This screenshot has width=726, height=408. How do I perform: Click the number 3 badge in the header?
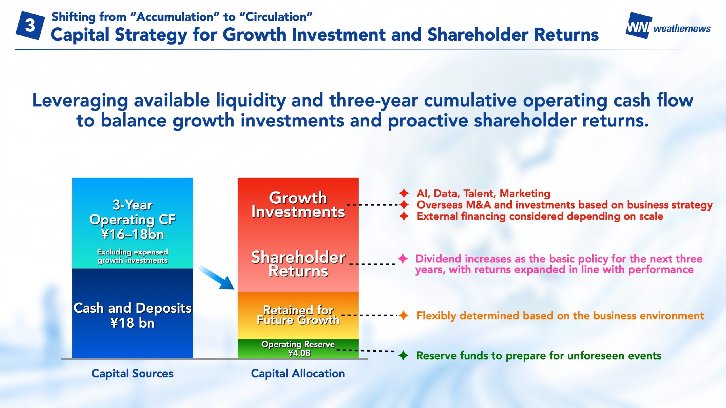(30, 25)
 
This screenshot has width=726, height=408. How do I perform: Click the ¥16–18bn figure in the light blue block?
(133, 234)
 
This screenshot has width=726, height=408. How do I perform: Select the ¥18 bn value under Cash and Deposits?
(133, 323)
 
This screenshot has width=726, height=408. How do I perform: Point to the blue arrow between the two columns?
(216, 277)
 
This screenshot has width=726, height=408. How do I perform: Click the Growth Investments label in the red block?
(298, 205)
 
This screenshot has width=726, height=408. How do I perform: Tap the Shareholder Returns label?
(298, 264)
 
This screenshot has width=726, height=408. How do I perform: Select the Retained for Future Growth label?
(298, 315)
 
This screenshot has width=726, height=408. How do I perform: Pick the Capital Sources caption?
(132, 373)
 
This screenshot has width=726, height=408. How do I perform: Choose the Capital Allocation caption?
(298, 373)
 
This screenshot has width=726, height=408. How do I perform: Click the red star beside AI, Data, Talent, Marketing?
(404, 193)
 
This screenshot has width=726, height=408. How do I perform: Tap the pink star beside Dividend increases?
(403, 258)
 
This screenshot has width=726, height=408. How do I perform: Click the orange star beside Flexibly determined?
(404, 315)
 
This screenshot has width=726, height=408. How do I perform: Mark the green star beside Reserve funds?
(403, 355)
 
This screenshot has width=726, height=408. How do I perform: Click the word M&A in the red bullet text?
(478, 205)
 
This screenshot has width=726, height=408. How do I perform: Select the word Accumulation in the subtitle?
(175, 17)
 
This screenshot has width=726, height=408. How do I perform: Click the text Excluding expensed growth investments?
(133, 256)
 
